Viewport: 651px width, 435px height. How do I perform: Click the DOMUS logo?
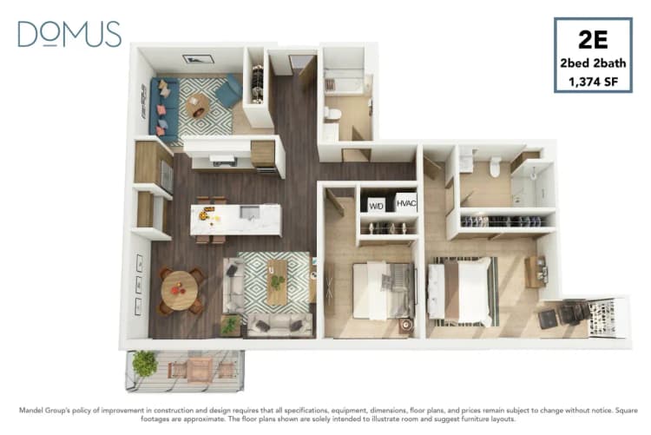(x=69, y=34)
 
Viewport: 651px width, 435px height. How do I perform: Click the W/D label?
(x=376, y=205)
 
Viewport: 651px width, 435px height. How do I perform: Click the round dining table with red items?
(x=179, y=289)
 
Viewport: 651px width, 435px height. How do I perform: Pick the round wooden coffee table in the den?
(x=198, y=105)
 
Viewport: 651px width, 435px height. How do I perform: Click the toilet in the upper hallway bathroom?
(x=333, y=114)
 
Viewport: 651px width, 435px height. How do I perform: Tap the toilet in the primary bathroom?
(x=495, y=165)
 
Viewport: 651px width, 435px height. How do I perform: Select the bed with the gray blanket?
(x=384, y=289)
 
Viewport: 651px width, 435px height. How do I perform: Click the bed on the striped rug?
(x=462, y=292)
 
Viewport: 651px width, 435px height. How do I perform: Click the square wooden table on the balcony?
(x=200, y=369)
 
